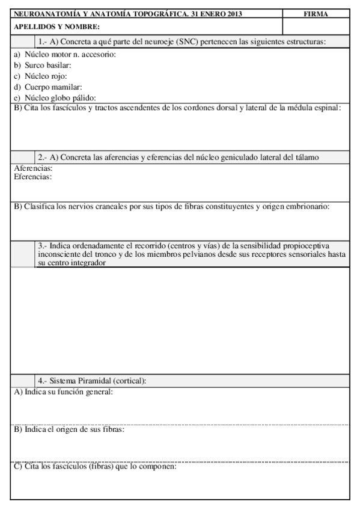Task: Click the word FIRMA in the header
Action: pyautogui.click(x=316, y=14)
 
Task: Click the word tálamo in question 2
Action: pyautogui.click(x=306, y=157)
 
